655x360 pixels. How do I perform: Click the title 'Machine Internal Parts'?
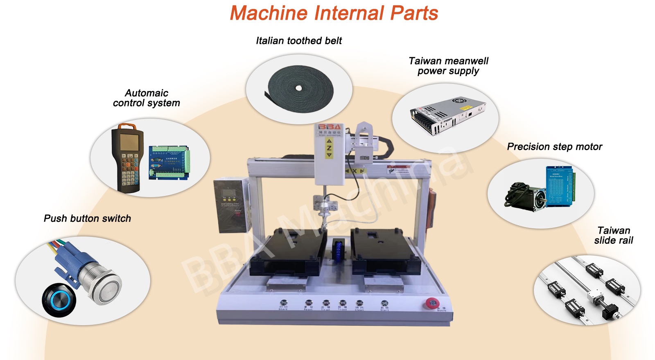pyautogui.click(x=334, y=13)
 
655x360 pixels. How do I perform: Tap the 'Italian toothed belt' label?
pyautogui.click(x=299, y=40)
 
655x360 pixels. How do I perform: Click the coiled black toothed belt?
pyautogui.click(x=300, y=89)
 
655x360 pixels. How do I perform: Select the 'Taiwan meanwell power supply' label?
pyautogui.click(x=448, y=66)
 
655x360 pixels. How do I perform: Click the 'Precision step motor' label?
pyautogui.click(x=554, y=146)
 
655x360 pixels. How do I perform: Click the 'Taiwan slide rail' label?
pyautogui.click(x=613, y=235)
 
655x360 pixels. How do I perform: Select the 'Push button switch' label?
pyautogui.click(x=87, y=218)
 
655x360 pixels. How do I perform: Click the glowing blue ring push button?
pyautogui.click(x=59, y=300)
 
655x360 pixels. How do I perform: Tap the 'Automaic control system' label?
pyautogui.click(x=147, y=98)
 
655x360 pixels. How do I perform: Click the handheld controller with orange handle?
pyautogui.click(x=127, y=157)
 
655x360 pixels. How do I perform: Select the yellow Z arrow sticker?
pyautogui.click(x=329, y=148)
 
